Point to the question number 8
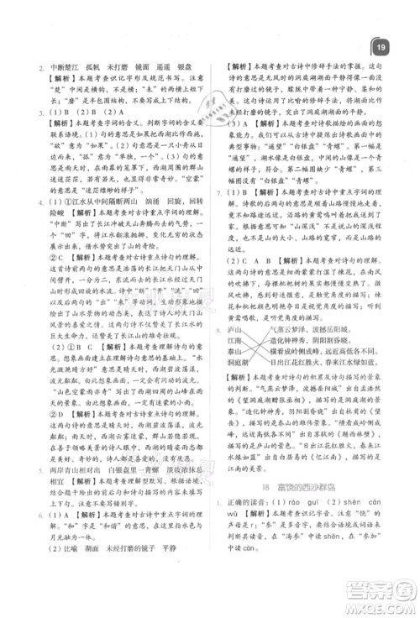[x=220, y=331]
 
